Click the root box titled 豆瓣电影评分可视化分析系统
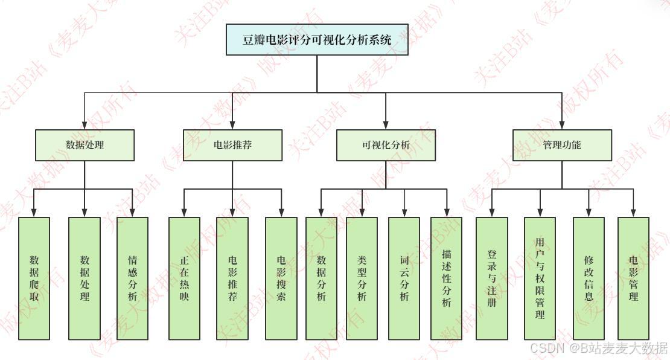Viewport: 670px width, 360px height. pos(317,40)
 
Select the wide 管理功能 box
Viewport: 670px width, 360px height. pos(561,145)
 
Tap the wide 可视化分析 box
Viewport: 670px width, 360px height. pos(386,145)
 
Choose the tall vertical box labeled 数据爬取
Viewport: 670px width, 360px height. pos(34,278)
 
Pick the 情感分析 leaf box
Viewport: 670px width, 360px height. pos(133,278)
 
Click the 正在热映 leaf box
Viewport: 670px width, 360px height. pos(183,278)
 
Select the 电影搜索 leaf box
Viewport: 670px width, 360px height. pos(281,278)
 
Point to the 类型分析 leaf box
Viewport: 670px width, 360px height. pos(362,278)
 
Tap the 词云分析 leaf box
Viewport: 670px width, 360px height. pos(404,278)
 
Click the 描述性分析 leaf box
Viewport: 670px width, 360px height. pos(446,278)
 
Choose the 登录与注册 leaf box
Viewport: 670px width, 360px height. pos(491,278)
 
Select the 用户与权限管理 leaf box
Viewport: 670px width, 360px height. pos(540,278)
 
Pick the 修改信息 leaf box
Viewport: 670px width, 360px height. pos(589,278)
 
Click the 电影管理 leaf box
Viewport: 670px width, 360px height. pos(633,278)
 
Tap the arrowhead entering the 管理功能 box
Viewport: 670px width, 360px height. pos(562,125)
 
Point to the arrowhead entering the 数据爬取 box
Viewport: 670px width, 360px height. pos(34,213)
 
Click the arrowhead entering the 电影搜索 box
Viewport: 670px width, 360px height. pos(281,213)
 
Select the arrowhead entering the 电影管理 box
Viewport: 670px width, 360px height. pos(633,213)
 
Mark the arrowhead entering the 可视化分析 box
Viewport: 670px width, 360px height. pos(386,125)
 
